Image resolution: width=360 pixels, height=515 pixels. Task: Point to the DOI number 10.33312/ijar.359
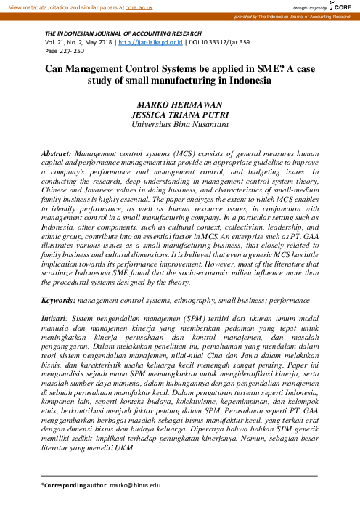point(224,44)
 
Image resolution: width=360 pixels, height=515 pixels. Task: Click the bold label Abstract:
point(57,155)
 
